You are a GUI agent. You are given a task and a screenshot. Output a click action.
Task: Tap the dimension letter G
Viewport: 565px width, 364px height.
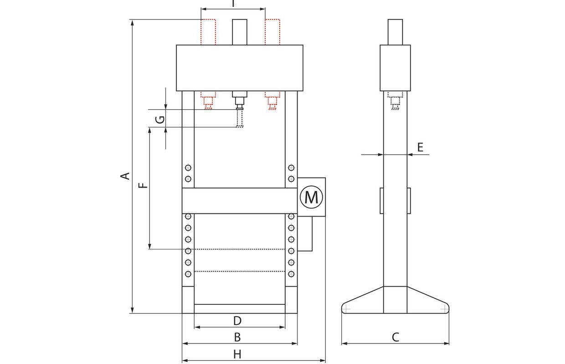[159, 120]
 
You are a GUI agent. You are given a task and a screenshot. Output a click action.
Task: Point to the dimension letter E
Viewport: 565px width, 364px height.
[420, 147]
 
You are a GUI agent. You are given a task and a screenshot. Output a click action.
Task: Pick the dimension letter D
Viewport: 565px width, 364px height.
[237, 321]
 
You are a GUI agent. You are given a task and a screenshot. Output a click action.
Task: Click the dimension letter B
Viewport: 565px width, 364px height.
[237, 338]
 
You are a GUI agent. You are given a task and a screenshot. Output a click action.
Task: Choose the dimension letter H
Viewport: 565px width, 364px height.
[237, 354]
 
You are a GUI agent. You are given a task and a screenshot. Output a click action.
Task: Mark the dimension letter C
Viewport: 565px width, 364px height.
[395, 338]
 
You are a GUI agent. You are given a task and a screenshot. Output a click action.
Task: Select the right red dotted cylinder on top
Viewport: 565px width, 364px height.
[272, 32]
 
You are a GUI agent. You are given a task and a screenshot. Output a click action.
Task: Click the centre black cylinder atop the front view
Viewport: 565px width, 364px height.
[240, 32]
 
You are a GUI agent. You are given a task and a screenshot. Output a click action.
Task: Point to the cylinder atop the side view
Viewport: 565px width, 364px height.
[395, 32]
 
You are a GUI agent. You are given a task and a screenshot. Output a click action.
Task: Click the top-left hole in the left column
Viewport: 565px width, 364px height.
[188, 167]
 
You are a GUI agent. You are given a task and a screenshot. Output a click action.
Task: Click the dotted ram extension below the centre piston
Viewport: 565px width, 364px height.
[240, 118]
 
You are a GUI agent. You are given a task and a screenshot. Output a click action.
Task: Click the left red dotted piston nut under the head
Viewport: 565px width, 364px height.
[208, 102]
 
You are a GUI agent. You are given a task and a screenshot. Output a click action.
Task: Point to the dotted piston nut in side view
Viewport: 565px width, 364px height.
[395, 102]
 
